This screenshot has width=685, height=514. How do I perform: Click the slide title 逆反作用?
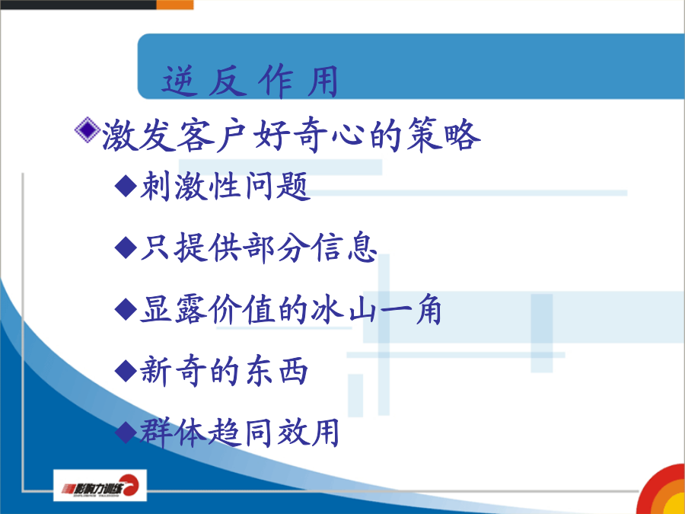(250, 81)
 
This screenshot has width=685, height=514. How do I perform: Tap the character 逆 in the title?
(178, 81)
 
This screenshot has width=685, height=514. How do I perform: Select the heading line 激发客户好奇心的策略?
(292, 135)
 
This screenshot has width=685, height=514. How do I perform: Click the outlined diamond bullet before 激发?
(88, 129)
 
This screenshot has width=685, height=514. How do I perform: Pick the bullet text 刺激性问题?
(225, 186)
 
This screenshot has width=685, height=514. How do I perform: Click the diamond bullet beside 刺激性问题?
(126, 186)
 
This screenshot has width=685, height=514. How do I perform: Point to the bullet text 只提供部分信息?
(259, 247)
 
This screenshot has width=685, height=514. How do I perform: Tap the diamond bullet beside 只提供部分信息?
(126, 247)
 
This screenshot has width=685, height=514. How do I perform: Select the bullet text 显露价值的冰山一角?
(291, 309)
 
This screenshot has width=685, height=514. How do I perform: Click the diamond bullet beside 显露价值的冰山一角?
(126, 309)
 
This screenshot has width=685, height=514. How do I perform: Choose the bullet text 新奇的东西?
(224, 371)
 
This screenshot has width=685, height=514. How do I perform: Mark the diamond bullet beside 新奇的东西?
(126, 371)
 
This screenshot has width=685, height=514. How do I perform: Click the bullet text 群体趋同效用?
(240, 433)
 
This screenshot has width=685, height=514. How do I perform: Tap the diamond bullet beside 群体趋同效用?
(126, 433)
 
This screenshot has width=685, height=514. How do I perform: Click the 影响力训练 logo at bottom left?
(100, 486)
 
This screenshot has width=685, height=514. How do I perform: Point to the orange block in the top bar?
(175, 5)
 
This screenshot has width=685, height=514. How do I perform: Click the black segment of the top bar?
(78, 5)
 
